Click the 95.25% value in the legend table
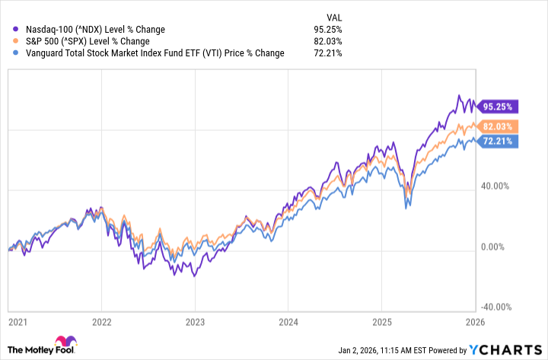point(327,30)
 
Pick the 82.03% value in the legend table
point(327,41)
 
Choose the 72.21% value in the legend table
point(327,53)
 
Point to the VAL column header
point(333,16)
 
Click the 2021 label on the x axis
point(17,322)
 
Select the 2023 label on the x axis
point(196,322)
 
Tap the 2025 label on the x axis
point(381,322)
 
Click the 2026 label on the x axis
point(475,322)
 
